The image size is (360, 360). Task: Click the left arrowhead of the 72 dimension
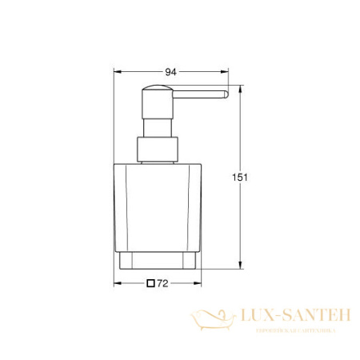[115, 283]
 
